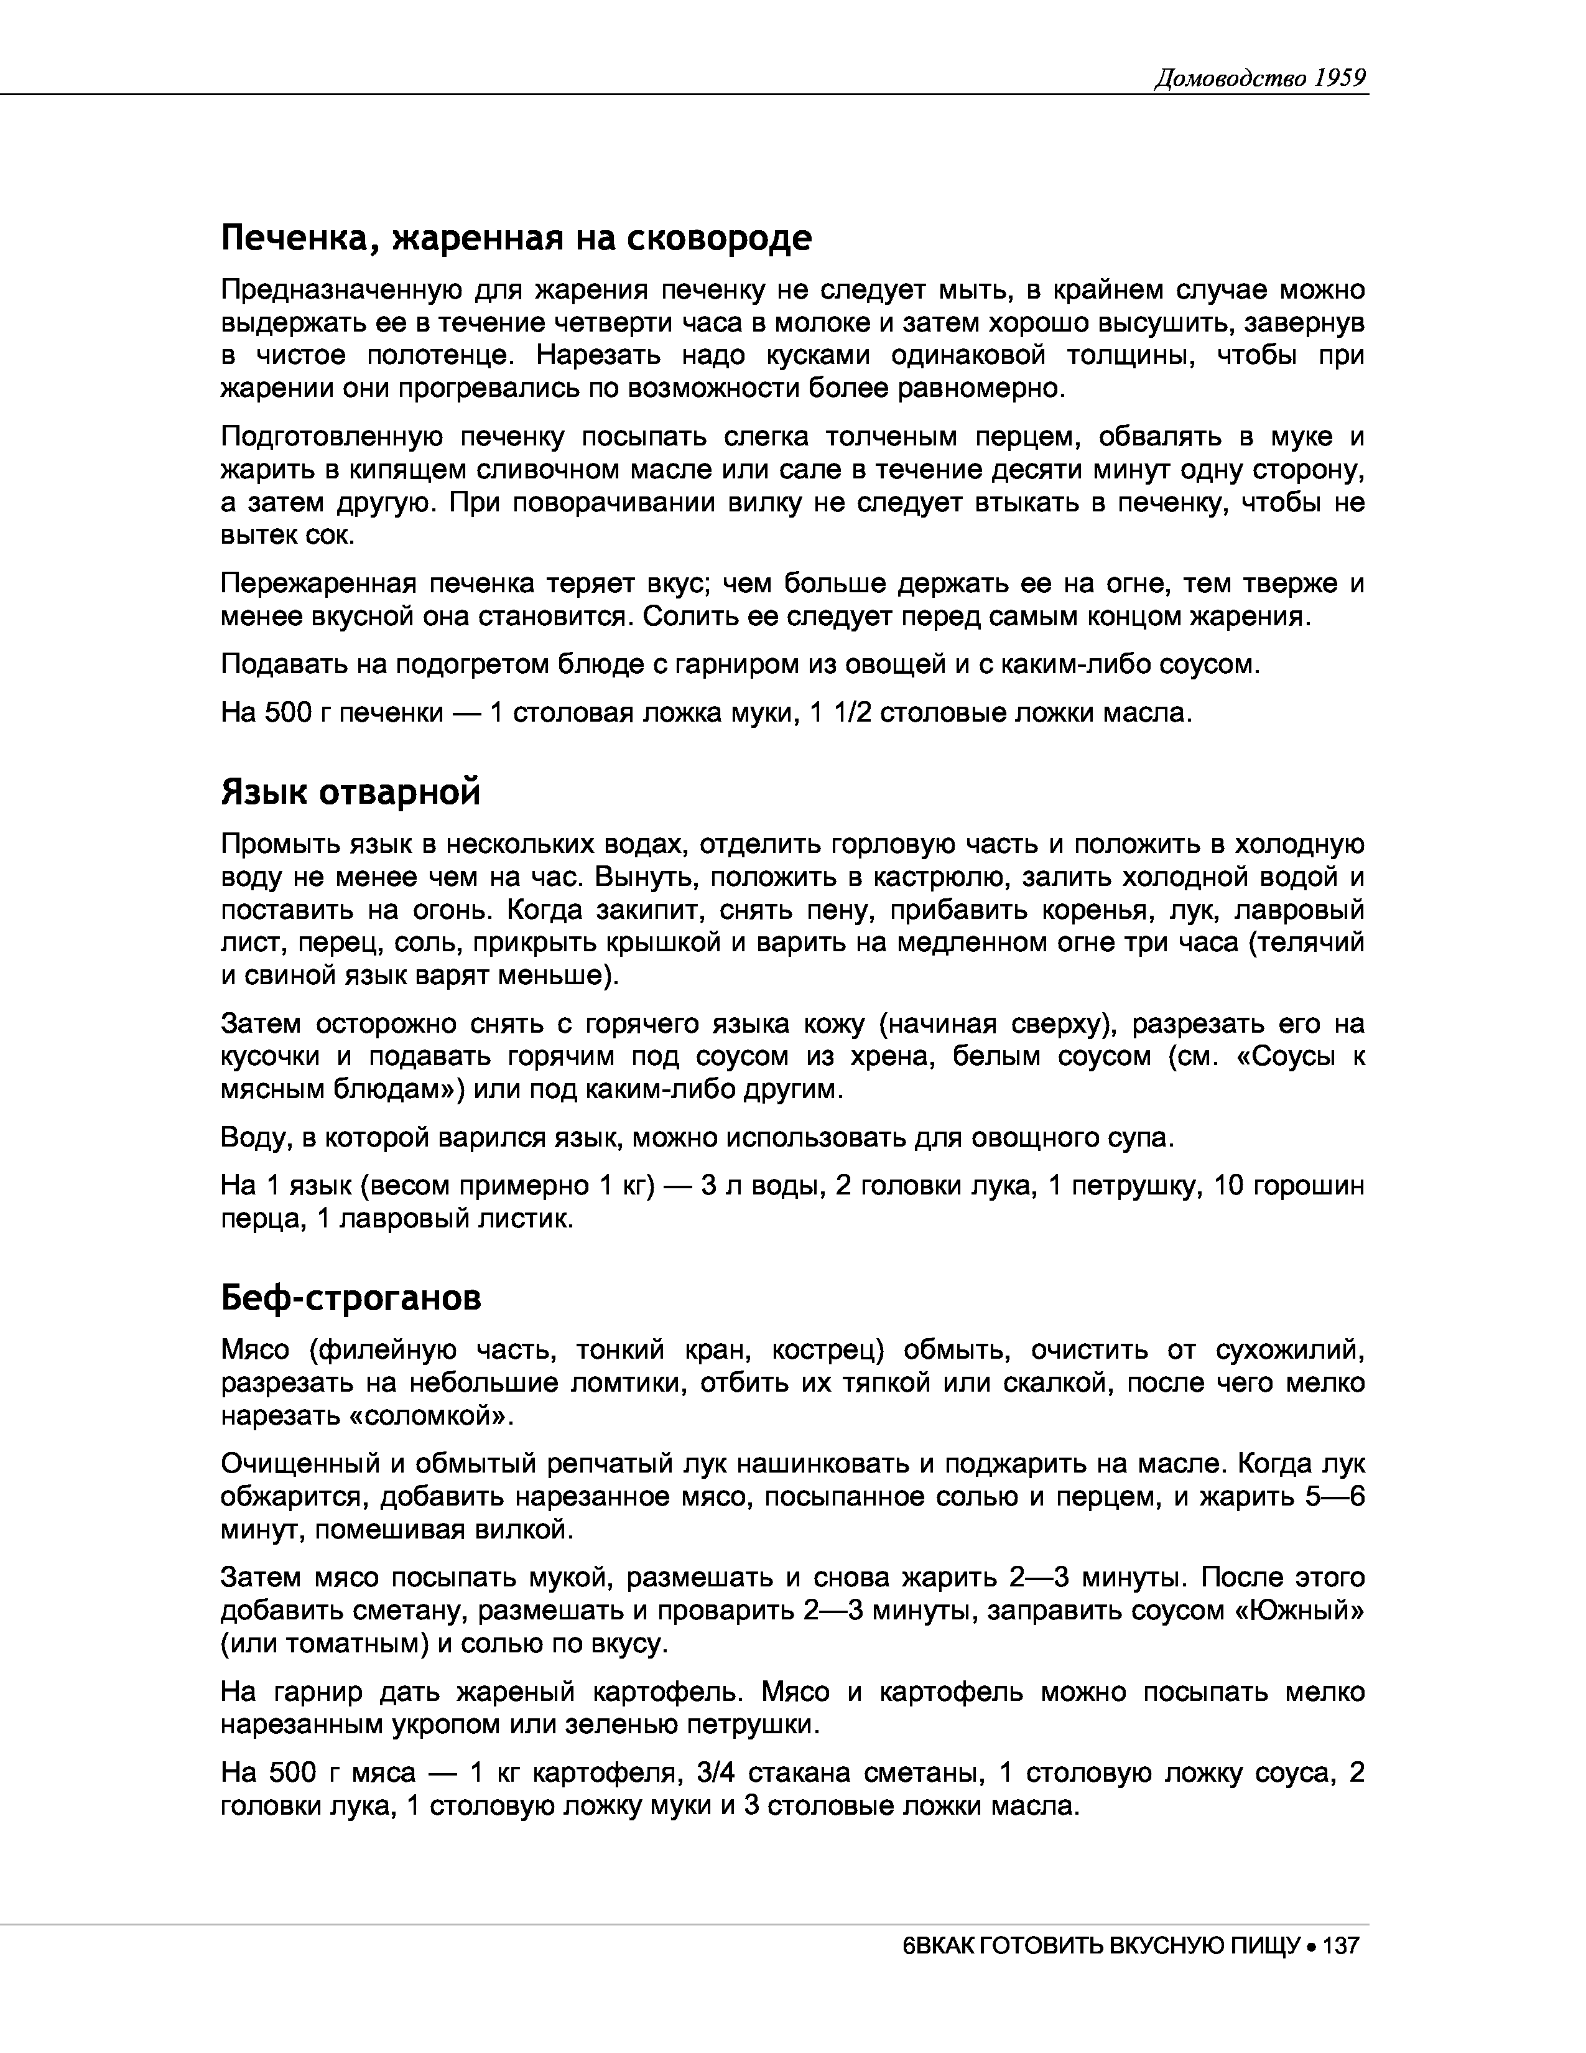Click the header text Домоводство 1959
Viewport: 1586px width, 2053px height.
click(x=1259, y=78)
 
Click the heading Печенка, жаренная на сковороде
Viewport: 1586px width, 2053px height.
click(x=516, y=239)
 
